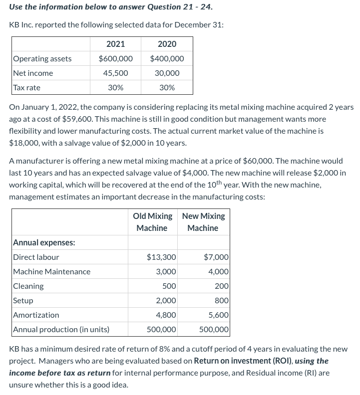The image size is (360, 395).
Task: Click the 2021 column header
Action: click(x=115, y=44)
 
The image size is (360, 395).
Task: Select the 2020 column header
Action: click(x=167, y=44)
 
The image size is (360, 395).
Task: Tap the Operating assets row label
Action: click(x=42, y=59)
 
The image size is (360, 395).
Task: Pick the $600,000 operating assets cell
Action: click(x=115, y=59)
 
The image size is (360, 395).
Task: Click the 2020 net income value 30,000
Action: click(x=167, y=73)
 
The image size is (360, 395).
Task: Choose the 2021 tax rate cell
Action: click(x=115, y=88)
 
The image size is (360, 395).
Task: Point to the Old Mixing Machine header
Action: click(x=152, y=222)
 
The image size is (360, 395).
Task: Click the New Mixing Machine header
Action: click(x=203, y=222)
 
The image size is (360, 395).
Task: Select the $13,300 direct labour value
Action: click(x=161, y=257)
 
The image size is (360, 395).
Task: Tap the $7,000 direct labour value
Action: click(x=216, y=257)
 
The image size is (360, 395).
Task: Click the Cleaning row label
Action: click(x=28, y=286)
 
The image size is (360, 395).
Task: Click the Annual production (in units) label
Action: click(x=61, y=330)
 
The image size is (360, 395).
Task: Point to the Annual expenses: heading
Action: click(x=44, y=243)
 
